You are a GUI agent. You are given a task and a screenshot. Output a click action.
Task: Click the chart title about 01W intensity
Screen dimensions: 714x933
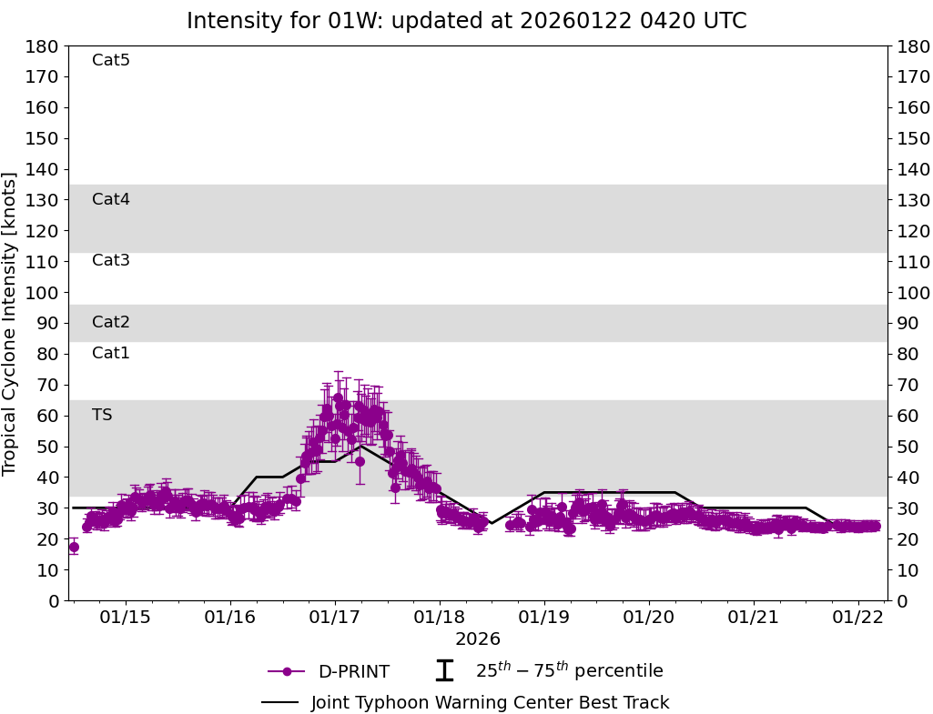[466, 21]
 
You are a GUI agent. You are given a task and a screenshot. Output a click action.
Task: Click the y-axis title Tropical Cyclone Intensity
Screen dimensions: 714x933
[11, 323]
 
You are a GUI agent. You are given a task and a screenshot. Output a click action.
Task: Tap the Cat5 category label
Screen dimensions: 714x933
[111, 61]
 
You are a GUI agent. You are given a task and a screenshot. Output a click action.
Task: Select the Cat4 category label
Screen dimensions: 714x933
[111, 200]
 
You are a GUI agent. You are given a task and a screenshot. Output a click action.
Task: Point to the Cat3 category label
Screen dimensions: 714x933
[111, 261]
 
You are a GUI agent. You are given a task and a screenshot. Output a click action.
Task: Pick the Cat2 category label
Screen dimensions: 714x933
[111, 323]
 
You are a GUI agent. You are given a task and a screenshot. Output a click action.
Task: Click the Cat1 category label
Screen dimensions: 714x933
[111, 354]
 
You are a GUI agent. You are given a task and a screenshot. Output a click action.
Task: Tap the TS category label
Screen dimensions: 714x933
[102, 416]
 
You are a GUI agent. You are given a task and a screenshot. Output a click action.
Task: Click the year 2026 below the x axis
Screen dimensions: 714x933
[478, 639]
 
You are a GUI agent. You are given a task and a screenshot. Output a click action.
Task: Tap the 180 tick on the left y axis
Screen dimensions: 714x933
[45, 46]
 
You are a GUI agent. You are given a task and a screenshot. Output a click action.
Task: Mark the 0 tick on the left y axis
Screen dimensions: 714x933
[55, 601]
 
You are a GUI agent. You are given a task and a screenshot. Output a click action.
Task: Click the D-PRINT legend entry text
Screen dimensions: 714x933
[353, 672]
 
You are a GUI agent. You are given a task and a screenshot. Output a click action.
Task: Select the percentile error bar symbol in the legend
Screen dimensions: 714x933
[444, 671]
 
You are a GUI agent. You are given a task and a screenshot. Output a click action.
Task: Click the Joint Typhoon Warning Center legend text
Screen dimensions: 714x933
[490, 703]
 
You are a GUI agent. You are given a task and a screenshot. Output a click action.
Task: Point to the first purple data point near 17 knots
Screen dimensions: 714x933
[74, 548]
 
